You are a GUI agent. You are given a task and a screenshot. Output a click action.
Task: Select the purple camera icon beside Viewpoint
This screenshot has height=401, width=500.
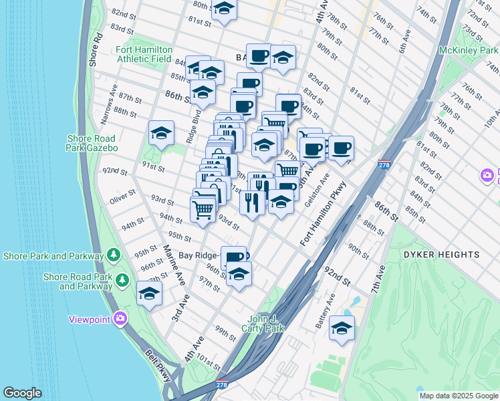[120, 319]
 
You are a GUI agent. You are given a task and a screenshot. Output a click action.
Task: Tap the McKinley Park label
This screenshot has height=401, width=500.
[468, 50]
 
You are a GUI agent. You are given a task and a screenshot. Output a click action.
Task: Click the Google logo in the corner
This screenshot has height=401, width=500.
[22, 393]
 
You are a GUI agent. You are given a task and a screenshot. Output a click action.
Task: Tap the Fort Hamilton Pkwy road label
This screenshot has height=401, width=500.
[325, 213]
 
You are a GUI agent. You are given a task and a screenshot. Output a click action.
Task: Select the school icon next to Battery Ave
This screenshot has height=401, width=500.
[342, 328]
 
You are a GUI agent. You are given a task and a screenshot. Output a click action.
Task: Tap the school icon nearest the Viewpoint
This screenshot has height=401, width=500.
[149, 293]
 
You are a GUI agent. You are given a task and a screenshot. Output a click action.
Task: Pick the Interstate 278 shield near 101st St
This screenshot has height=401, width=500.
[222, 384]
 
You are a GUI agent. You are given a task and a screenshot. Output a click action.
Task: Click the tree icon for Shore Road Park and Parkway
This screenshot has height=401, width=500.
[122, 279]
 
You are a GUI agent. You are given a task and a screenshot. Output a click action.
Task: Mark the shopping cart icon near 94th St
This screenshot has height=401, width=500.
[203, 209]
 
